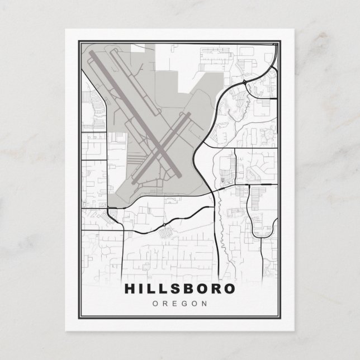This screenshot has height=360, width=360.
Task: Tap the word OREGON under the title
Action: click(179, 304)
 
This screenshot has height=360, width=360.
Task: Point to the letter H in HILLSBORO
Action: click(129, 289)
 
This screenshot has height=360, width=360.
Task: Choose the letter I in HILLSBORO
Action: click(142, 289)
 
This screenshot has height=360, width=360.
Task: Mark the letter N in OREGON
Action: click(204, 304)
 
